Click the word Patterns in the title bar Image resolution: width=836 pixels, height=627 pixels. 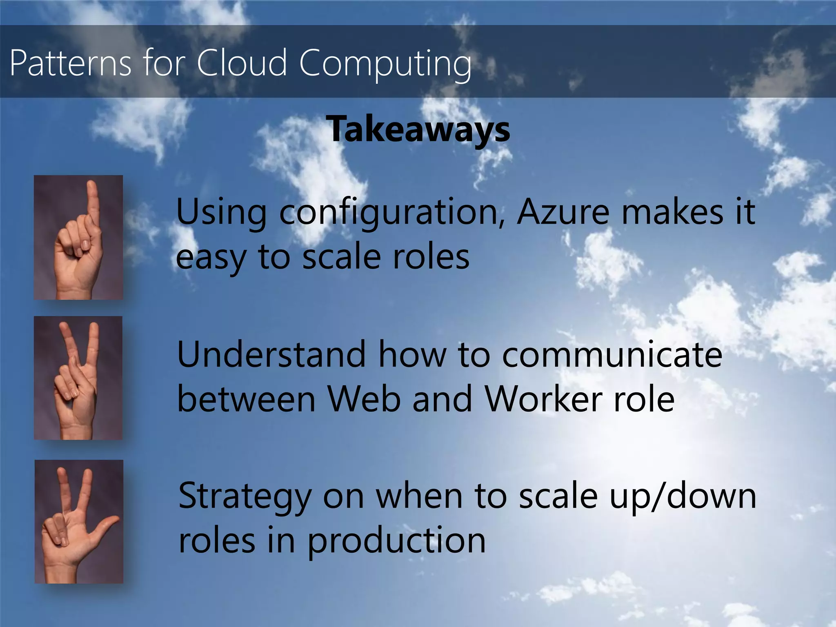click(x=71, y=63)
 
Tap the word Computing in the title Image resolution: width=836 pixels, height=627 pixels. click(x=385, y=63)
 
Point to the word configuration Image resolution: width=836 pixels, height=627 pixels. click(x=392, y=212)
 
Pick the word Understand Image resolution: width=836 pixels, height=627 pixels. click(x=271, y=354)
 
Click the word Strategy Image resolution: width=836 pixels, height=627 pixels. click(x=245, y=497)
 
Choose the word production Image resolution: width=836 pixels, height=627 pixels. click(x=396, y=541)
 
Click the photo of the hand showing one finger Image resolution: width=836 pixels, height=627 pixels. click(x=78, y=238)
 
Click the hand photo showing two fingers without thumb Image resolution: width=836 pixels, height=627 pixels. click(x=78, y=378)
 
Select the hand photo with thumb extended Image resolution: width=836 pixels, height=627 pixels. click(x=79, y=522)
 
